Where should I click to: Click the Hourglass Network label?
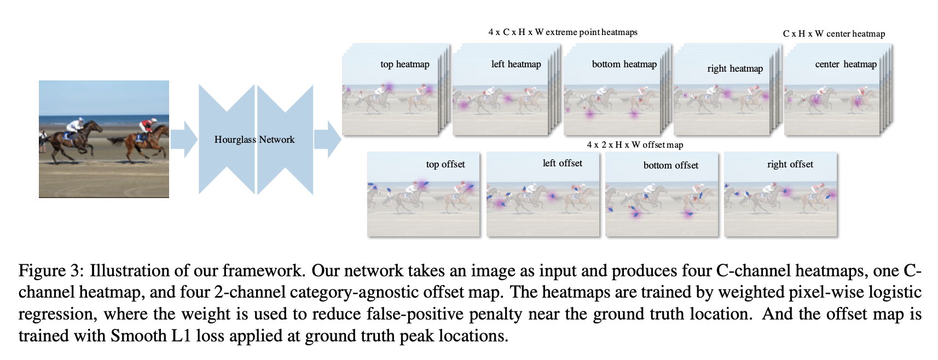tap(254, 140)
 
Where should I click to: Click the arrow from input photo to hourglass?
tap(184, 139)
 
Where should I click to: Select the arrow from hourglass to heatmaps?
tap(327, 139)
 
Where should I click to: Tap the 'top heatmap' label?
tap(405, 65)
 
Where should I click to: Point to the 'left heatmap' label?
tap(516, 65)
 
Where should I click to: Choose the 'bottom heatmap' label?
tap(624, 65)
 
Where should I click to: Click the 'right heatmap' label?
tap(735, 68)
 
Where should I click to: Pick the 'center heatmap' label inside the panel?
tap(846, 65)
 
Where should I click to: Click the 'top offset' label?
tap(445, 164)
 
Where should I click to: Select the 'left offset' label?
tap(563, 163)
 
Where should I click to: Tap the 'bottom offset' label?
tap(671, 165)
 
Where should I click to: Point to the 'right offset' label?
tap(790, 164)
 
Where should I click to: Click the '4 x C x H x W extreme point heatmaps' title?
tap(563, 32)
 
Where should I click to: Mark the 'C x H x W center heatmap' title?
tap(833, 34)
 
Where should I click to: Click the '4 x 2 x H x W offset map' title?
tap(635, 145)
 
